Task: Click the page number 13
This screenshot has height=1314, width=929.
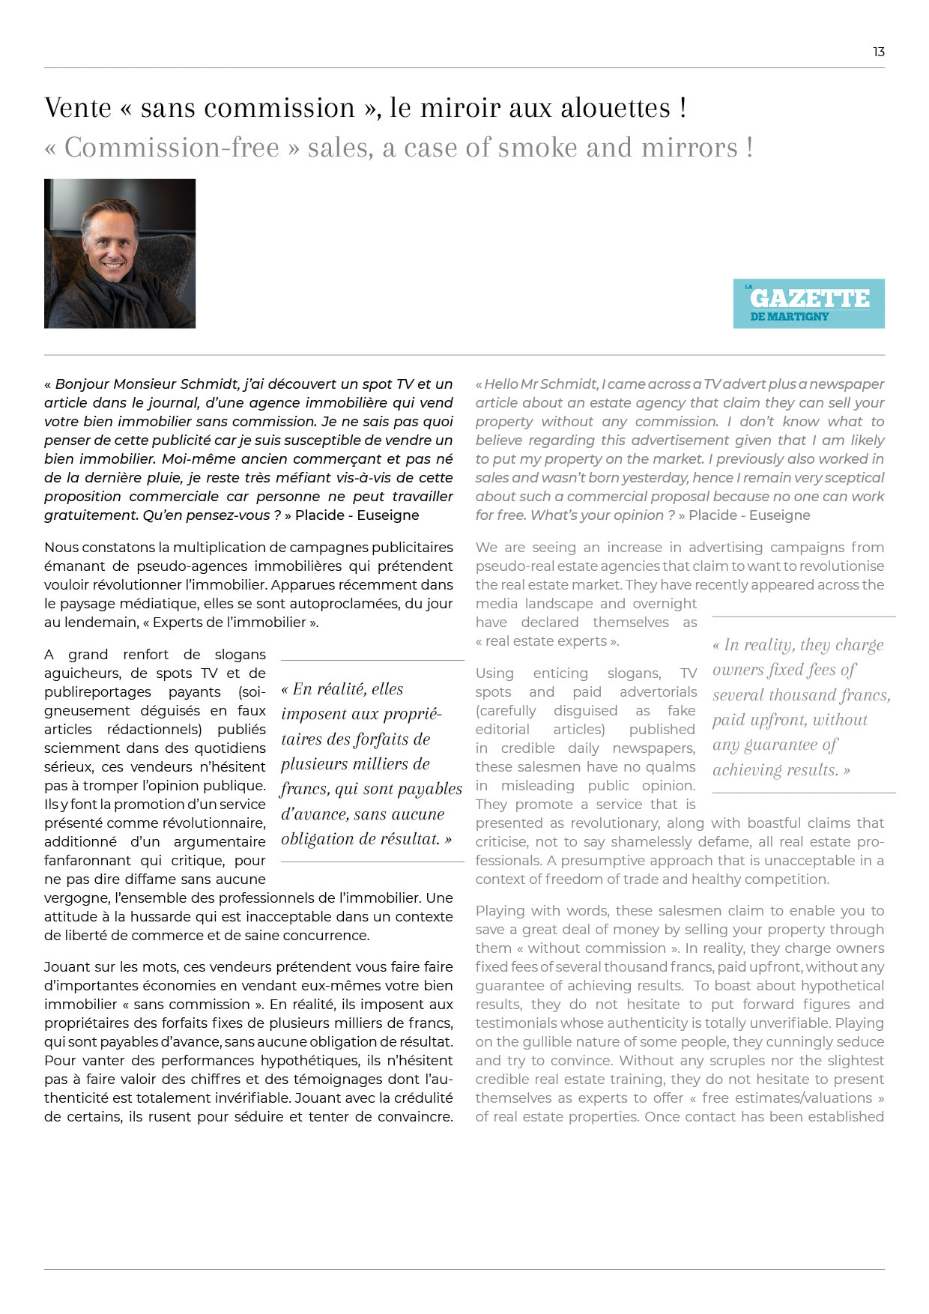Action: (879, 52)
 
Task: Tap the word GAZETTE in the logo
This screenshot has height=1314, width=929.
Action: (809, 298)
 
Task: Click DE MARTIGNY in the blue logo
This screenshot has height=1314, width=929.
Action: (789, 317)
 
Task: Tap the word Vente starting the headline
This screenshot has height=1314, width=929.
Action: (78, 108)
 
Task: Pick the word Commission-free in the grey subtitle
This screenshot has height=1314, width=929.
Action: (172, 148)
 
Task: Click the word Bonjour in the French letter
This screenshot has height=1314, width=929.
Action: (83, 384)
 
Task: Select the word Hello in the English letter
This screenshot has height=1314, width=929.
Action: (500, 384)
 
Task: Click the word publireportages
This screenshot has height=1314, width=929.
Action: (97, 692)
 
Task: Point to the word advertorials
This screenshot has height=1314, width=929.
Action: (658, 692)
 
